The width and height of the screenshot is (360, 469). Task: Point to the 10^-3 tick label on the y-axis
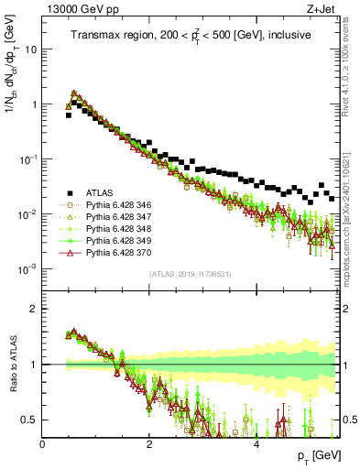click(27, 268)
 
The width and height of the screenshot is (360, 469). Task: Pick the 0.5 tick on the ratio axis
click(28, 420)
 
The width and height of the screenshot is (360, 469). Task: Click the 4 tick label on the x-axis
click(256, 443)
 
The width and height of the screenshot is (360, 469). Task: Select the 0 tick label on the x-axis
click(43, 443)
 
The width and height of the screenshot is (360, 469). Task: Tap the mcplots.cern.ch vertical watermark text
click(352, 220)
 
